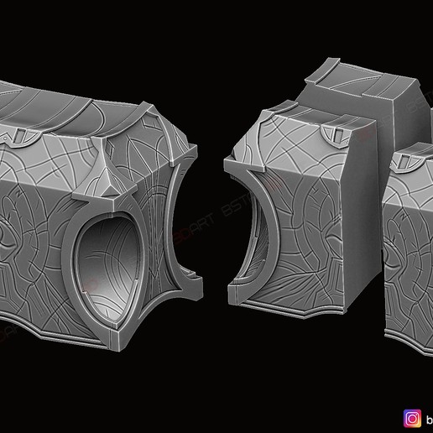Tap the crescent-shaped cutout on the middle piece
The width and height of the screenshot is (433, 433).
(x=252, y=235)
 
